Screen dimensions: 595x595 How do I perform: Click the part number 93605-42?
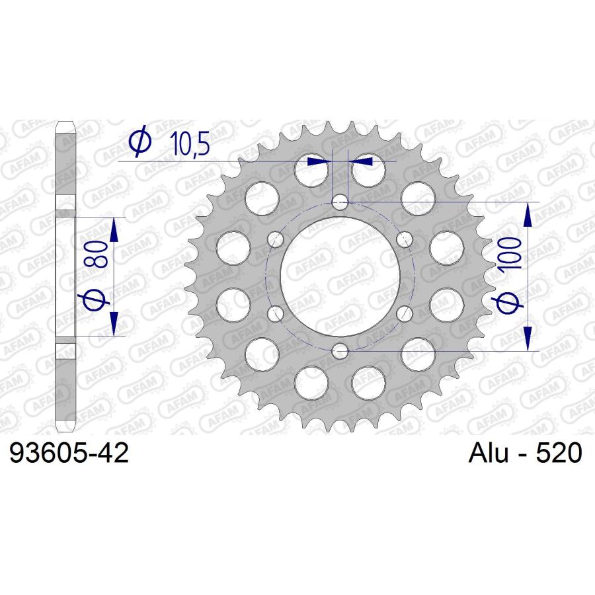69,453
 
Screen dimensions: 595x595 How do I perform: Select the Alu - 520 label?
525,453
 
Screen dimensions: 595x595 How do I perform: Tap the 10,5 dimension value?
190,144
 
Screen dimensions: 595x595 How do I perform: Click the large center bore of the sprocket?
340,277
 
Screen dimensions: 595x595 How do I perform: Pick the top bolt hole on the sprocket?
340,202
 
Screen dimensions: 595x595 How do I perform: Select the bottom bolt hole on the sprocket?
340,352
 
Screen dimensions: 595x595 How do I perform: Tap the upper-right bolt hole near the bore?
405,239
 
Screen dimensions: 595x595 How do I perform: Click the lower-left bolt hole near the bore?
276,314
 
